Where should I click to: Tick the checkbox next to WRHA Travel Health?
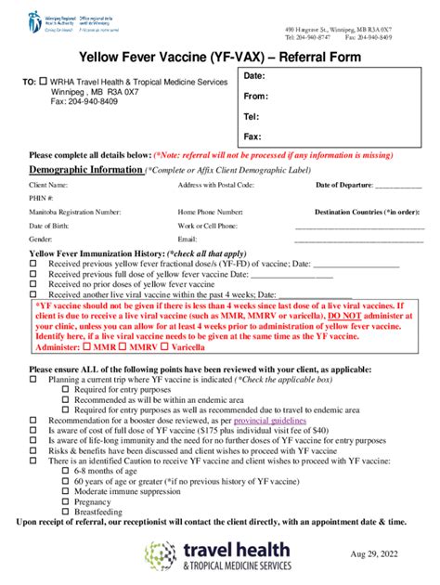[42, 82]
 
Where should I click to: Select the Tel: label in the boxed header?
[251, 116]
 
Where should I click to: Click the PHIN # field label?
[42, 199]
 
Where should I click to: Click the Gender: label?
[40, 239]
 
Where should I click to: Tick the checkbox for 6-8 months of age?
[65, 470]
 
